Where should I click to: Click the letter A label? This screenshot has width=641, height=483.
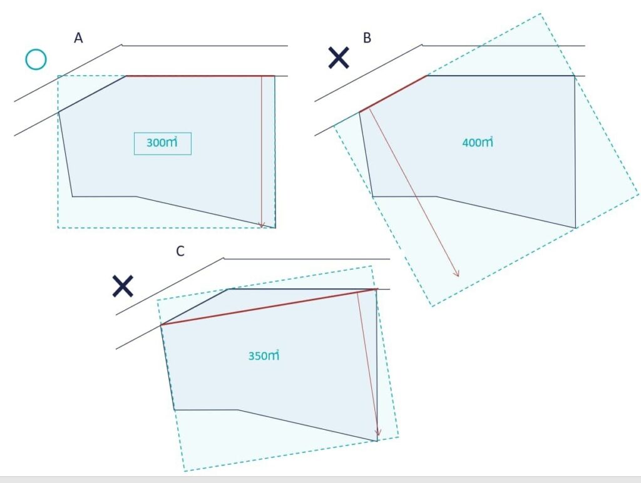[x=78, y=38]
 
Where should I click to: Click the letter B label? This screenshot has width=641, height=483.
[x=367, y=38]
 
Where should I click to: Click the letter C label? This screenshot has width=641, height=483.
[x=180, y=251]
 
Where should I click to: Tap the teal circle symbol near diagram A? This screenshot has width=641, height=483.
[x=36, y=59]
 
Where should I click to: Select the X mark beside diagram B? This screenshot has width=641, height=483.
[x=339, y=58]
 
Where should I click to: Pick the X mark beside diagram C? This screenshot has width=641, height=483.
[x=123, y=286]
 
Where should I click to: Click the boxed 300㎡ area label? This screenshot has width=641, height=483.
[x=163, y=143]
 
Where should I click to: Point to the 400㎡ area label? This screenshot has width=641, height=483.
[x=478, y=143]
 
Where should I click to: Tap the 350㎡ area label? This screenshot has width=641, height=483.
[x=264, y=355]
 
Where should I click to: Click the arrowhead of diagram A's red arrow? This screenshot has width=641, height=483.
[x=262, y=226]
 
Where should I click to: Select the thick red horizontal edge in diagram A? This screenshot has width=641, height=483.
[x=200, y=76]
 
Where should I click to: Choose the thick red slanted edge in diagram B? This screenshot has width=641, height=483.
[x=393, y=94]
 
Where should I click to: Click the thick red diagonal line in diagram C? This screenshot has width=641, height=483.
[x=269, y=307]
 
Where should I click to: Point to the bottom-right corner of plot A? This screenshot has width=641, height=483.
[x=275, y=228]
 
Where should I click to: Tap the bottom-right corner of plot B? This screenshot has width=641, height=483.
[x=576, y=228]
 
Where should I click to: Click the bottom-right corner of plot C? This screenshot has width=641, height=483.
[x=377, y=441]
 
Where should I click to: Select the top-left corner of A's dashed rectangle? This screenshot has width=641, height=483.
[x=58, y=76]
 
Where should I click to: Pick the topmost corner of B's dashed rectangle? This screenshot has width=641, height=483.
[x=541, y=14]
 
